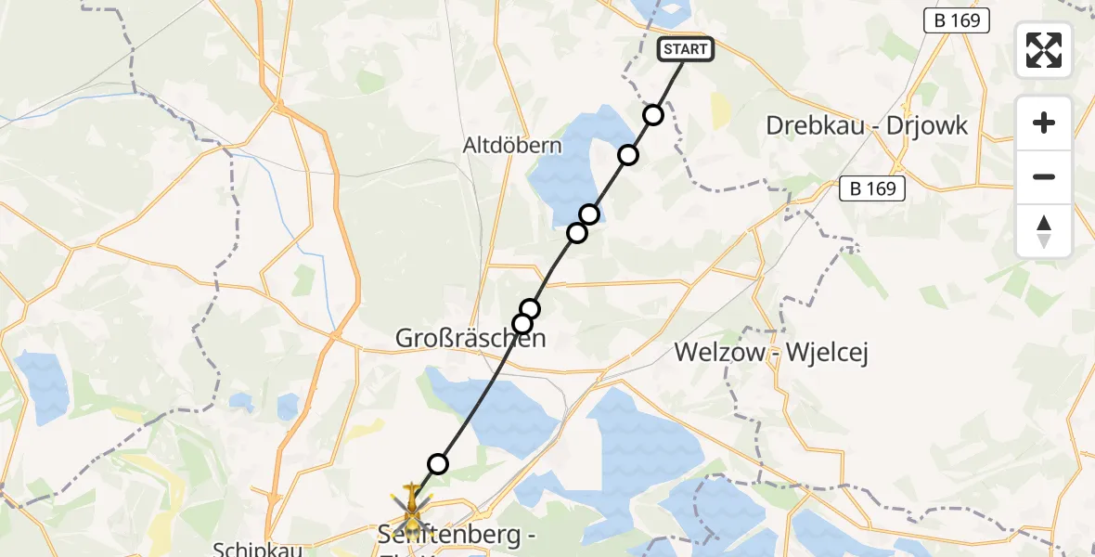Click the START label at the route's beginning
click(686, 49)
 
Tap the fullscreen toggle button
click(1044, 50)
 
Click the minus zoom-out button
click(1044, 177)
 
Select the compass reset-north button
click(1044, 231)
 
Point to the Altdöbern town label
click(513, 146)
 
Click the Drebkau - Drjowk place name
click(866, 125)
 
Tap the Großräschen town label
click(470, 339)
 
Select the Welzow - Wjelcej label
click(771, 353)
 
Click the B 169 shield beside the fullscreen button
click(958, 20)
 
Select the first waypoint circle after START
click(653, 115)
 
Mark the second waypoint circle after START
click(629, 154)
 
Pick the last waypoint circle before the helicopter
click(438, 464)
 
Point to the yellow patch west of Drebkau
click(720, 110)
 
